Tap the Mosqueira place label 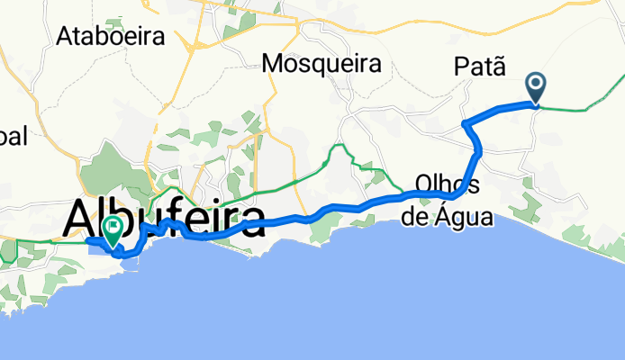[x=322, y=64]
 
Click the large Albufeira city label [x=165, y=218]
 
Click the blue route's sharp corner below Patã [x=463, y=122]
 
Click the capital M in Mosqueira [x=272, y=64]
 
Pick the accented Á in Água [x=440, y=216]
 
